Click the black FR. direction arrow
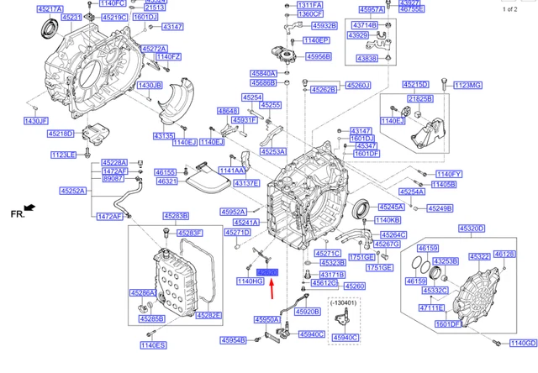click(x=30, y=208)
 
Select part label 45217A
click(x=50, y=8)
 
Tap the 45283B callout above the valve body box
click(x=176, y=216)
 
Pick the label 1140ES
click(x=153, y=345)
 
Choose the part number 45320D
click(x=471, y=229)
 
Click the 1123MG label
click(x=467, y=85)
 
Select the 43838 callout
click(x=367, y=58)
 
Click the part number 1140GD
click(x=522, y=343)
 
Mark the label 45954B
click(x=233, y=340)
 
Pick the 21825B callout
click(x=420, y=99)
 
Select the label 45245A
click(x=391, y=206)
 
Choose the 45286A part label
click(x=142, y=292)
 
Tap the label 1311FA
click(x=311, y=5)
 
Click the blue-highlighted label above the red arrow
click(x=268, y=272)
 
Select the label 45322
click(x=480, y=256)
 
